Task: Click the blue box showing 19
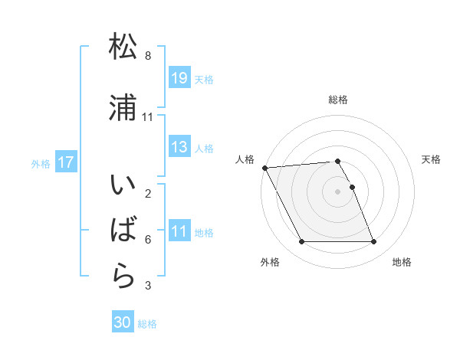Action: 179,78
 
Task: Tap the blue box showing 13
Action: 179,147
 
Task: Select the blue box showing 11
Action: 179,231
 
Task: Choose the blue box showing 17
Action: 66,162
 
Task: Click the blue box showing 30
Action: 123,323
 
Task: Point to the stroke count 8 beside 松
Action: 147,56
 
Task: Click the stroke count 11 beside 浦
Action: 147,116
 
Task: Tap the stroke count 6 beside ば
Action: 147,240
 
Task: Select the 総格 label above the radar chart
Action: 338,100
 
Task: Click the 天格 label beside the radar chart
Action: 432,159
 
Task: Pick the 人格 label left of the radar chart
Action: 245,159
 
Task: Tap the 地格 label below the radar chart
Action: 402,262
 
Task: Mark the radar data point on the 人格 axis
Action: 264,168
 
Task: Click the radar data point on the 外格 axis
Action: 301,242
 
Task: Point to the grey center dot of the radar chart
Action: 338,191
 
